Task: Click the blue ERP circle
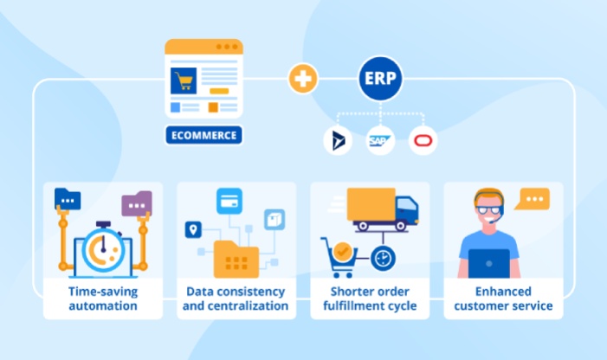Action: pyautogui.click(x=380, y=78)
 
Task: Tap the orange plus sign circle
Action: pyautogui.click(x=303, y=79)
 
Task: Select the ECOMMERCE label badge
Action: pyautogui.click(x=204, y=135)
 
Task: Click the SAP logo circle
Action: pyautogui.click(x=380, y=140)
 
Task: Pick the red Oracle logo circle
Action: pyautogui.click(x=423, y=140)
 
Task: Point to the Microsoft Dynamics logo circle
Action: pyautogui.click(x=338, y=140)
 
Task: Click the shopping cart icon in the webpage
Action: pyautogui.click(x=184, y=80)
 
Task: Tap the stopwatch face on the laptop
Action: pyautogui.click(x=103, y=249)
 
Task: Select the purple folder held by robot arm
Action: pyautogui.click(x=137, y=203)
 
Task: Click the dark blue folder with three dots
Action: pyautogui.click(x=68, y=199)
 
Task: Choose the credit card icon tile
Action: pyautogui.click(x=229, y=201)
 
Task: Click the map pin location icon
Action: pyautogui.click(x=193, y=229)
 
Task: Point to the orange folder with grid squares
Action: pyautogui.click(x=236, y=259)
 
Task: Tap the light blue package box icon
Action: pyautogui.click(x=274, y=220)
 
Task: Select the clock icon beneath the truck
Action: pyautogui.click(x=383, y=258)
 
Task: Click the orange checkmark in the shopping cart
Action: pyautogui.click(x=342, y=252)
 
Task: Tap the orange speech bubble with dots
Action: pyautogui.click(x=533, y=199)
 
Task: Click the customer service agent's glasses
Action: pyautogui.click(x=488, y=210)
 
